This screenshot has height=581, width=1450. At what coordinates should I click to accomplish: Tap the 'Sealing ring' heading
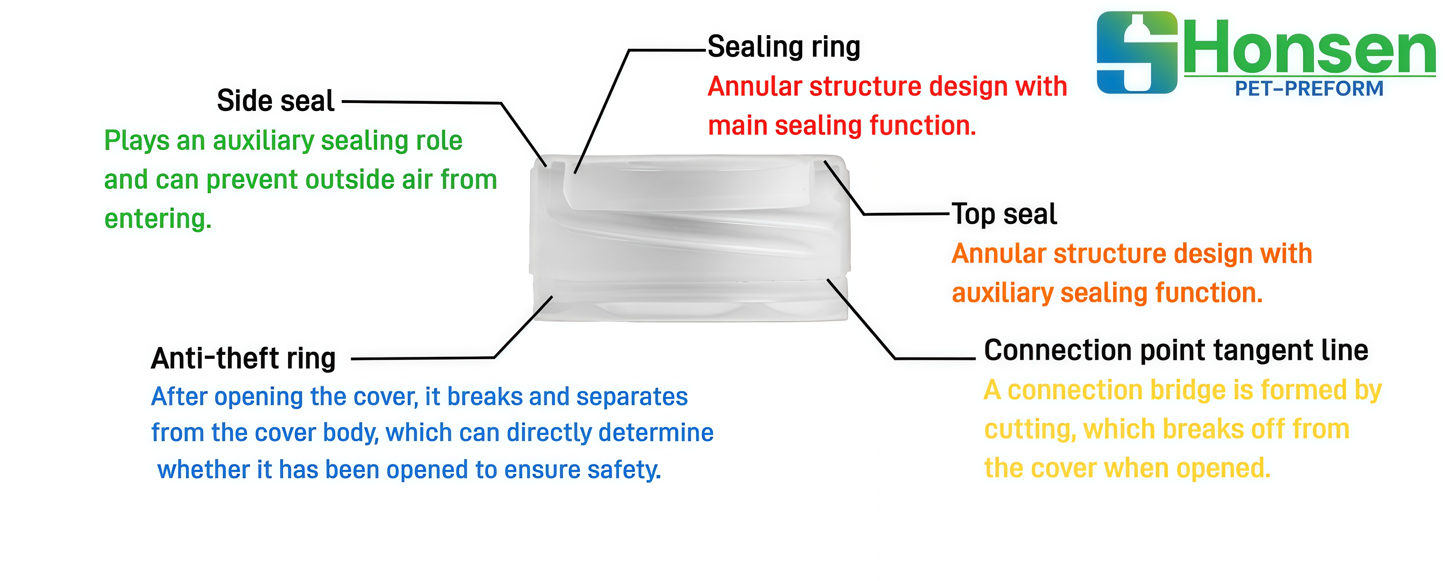pyautogui.click(x=784, y=47)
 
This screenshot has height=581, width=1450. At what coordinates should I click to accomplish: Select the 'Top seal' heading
pyautogui.click(x=1004, y=214)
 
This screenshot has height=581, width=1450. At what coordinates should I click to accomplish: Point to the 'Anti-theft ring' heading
pyautogui.click(x=244, y=359)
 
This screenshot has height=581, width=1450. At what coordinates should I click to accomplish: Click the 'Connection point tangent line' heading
pyautogui.click(x=1176, y=351)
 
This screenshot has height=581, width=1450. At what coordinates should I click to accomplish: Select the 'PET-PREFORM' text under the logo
pyautogui.click(x=1309, y=89)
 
